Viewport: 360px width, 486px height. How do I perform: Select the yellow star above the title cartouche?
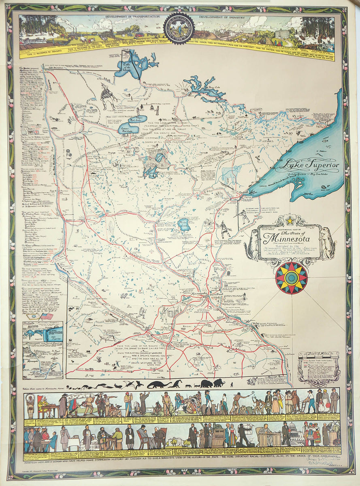tap(290, 221)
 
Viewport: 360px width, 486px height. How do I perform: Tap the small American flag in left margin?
tap(47, 315)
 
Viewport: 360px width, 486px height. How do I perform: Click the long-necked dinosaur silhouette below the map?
tap(160, 384)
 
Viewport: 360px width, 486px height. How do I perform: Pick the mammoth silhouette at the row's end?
tap(219, 382)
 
